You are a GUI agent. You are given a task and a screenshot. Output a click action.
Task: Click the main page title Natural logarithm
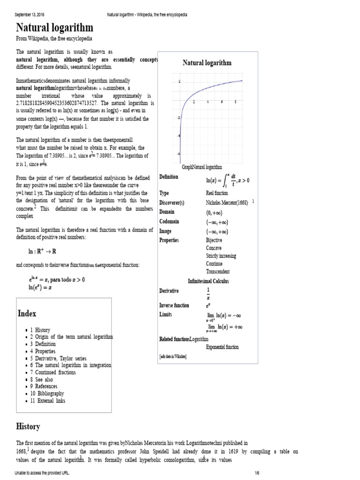point(54,28)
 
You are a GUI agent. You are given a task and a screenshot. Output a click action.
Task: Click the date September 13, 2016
point(31,15)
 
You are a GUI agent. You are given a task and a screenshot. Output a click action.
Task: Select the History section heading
point(28,426)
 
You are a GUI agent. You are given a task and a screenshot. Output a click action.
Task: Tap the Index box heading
point(27,313)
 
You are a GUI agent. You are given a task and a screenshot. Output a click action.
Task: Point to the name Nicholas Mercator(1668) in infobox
point(227,202)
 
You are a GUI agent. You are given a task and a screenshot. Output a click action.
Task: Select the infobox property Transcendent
point(218,271)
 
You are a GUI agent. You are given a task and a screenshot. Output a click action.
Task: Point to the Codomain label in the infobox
point(170,221)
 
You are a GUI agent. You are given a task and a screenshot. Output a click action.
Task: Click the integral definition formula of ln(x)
point(228,180)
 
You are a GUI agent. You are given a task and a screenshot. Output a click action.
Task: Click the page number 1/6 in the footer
point(257,473)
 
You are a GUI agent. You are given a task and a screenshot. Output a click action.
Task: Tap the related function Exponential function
point(222,347)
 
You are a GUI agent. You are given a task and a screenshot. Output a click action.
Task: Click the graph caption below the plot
point(202,167)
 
